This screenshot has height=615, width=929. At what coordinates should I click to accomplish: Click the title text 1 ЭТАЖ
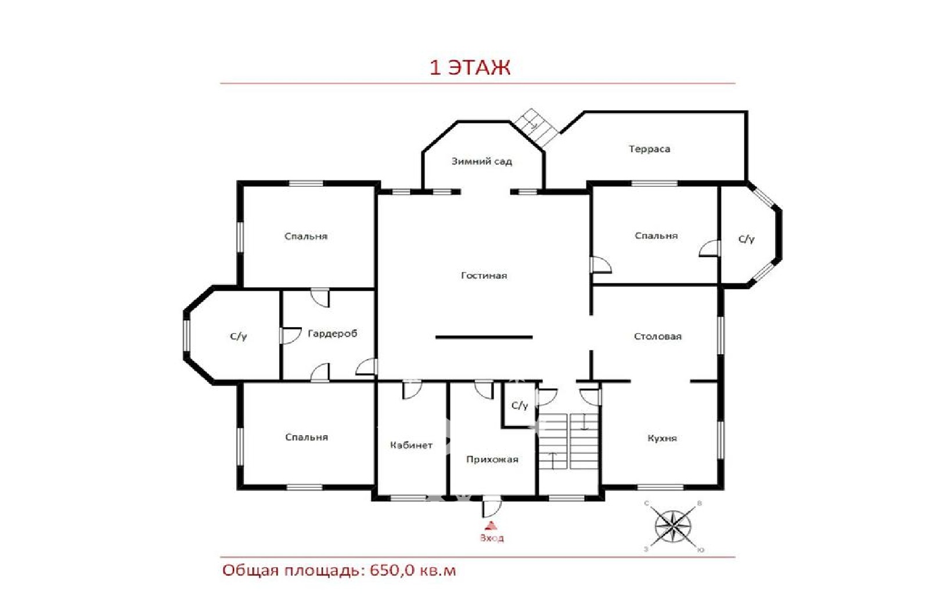point(470,67)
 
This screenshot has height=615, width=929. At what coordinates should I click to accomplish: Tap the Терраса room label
point(649,149)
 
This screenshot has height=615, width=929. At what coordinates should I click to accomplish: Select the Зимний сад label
point(481,161)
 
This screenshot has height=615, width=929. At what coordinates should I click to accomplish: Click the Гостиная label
point(484,276)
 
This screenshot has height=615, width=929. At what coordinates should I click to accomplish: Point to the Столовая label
point(658,336)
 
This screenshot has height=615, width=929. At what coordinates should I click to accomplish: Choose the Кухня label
point(662,438)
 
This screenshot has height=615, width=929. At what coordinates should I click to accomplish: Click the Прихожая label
point(492,459)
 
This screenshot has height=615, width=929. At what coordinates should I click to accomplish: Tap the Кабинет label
point(411,445)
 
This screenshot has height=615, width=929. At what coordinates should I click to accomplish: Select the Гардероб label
point(332,334)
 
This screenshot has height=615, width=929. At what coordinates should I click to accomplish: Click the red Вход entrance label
point(491,538)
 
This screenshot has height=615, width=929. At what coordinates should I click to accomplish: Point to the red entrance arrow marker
point(491,526)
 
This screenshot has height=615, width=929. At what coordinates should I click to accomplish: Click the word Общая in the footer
point(250,571)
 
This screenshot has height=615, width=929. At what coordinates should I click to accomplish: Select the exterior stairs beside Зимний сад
point(536,127)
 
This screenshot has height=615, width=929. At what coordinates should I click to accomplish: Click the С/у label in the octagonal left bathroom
point(238,336)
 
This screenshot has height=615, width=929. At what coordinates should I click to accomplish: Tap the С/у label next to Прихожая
point(520,406)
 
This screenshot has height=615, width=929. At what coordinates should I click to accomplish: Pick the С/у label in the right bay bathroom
point(746,239)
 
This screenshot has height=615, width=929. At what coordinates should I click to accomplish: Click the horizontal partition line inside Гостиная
point(484,337)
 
